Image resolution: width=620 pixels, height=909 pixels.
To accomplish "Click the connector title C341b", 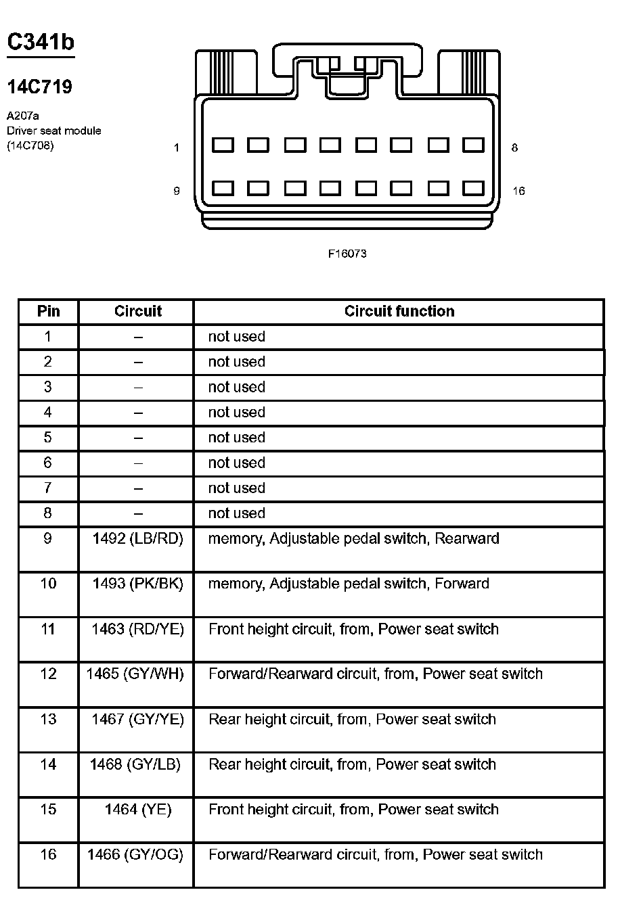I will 41,42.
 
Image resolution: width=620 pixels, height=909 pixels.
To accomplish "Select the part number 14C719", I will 39,87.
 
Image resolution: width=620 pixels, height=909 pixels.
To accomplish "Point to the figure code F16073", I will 347,254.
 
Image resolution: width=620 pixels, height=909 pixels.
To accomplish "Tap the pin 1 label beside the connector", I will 177,147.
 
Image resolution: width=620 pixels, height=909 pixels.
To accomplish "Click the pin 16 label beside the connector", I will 518,191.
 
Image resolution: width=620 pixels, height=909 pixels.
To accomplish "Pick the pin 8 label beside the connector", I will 514,147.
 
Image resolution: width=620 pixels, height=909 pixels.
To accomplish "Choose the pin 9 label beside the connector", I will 177,191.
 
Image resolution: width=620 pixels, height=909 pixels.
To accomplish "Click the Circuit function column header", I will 399,311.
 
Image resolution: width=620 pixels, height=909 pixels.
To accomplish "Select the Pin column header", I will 48,311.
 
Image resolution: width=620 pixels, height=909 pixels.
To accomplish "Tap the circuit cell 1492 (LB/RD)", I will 138,538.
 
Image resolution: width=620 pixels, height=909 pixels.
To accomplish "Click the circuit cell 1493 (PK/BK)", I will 138,583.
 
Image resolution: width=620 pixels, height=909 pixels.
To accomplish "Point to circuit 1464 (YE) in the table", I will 138,809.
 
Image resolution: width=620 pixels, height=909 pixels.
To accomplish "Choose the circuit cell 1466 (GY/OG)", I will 135,854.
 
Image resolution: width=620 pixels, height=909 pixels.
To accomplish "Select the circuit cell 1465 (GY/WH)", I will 135,674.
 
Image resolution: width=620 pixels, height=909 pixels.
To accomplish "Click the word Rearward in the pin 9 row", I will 466,538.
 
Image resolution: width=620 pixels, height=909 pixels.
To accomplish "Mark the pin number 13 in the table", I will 48,719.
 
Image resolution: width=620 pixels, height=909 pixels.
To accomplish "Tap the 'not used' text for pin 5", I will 236,438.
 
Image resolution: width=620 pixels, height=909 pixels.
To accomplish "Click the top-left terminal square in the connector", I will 223,145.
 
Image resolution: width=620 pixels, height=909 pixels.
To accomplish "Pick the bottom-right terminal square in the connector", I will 473,188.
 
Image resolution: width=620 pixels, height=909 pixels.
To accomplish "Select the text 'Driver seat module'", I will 54,131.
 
